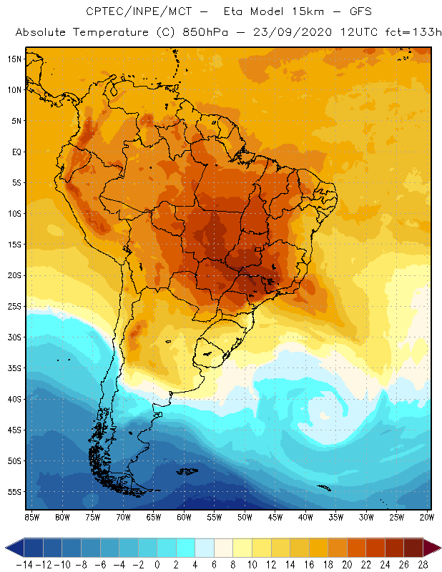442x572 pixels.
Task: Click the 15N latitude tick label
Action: [x=14, y=59]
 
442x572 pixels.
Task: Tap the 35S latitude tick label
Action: [x=14, y=368]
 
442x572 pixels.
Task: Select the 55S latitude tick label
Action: [x=14, y=492]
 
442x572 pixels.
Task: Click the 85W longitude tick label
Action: [x=31, y=516]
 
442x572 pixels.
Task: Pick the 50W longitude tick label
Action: [x=245, y=516]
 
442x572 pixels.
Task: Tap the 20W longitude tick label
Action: [x=427, y=516]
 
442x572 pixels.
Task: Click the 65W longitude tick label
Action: [x=153, y=516]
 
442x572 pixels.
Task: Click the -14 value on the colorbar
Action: [x=24, y=564]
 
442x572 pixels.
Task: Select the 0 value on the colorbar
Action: [x=157, y=564]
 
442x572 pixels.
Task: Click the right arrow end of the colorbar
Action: [x=432, y=548]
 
